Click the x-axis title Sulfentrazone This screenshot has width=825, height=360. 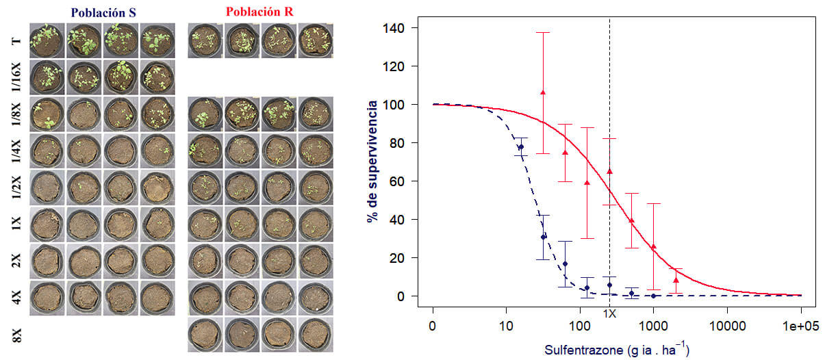tap(616, 350)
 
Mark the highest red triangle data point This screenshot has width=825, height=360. tap(543, 92)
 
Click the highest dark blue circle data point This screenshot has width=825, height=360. tap(521, 147)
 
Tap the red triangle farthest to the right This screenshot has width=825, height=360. tap(676, 280)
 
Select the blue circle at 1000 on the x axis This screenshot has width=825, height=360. tap(654, 296)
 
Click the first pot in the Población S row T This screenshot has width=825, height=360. tap(47, 41)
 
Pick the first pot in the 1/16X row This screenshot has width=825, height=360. tap(47, 77)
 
